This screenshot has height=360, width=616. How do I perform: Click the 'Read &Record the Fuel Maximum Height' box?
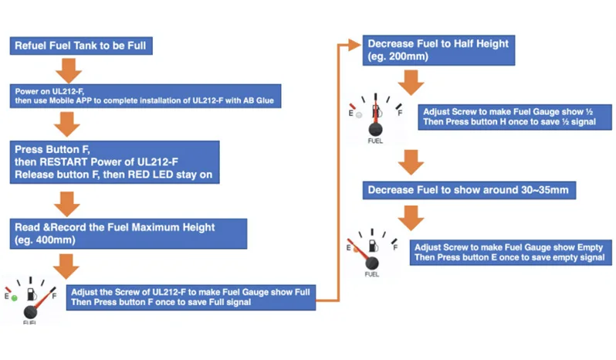click(x=130, y=233)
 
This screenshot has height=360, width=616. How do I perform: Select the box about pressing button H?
click(x=507, y=117)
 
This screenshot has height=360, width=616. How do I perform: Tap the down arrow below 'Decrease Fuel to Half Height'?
click(x=409, y=81)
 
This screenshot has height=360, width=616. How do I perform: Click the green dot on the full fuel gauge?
click(x=13, y=297)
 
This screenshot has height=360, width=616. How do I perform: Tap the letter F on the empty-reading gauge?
click(x=395, y=247)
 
